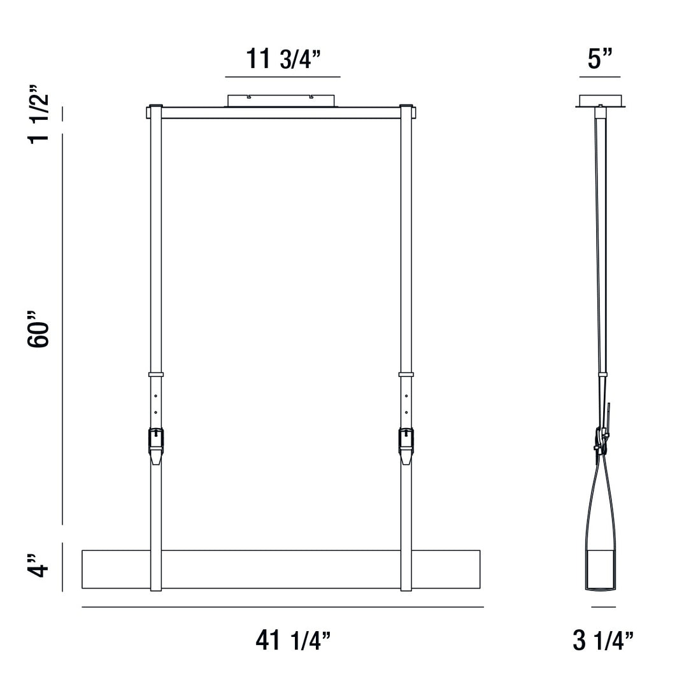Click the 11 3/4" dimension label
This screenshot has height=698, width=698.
283,59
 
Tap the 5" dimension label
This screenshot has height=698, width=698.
600,59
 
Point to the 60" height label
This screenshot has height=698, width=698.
39,329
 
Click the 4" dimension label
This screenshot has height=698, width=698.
38,566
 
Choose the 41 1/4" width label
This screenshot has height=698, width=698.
293,641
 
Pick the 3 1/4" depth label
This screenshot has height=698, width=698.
603,641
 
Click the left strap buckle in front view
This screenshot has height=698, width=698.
156,446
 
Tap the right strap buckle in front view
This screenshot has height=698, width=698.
406,446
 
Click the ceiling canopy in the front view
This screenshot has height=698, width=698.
281,101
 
